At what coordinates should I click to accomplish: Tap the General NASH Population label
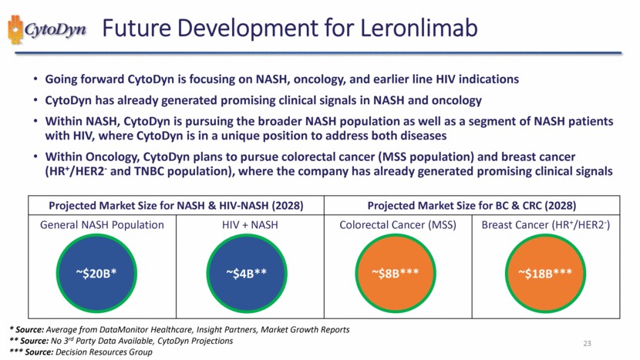(103, 225)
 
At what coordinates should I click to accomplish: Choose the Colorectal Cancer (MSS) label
(398, 225)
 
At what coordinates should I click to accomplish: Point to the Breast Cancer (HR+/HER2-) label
(547, 225)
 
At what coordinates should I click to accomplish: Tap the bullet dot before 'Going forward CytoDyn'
(36, 80)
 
